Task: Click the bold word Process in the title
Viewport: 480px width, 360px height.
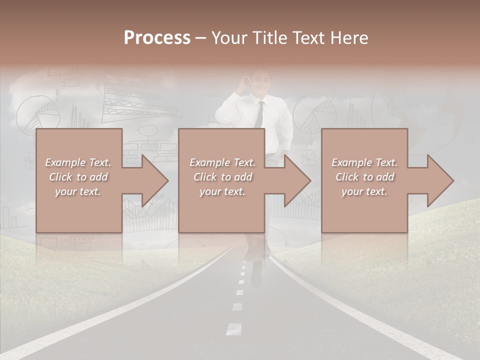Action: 157,37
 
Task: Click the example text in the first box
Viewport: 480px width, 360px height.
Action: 78,177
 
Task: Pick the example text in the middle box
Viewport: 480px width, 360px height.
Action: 222,177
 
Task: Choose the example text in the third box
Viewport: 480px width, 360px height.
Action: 364,177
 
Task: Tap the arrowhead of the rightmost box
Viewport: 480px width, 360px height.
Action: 440,180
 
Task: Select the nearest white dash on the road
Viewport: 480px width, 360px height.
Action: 233,329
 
